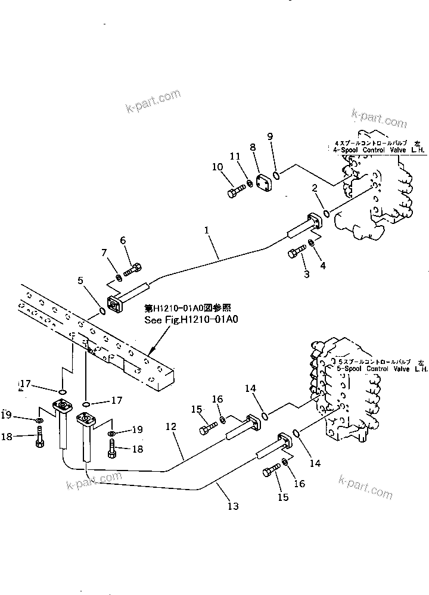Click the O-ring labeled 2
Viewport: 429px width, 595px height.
[x=326, y=214]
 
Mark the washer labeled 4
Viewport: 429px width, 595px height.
[x=311, y=244]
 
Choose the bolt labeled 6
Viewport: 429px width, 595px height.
[x=132, y=272]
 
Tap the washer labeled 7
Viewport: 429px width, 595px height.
[x=120, y=278]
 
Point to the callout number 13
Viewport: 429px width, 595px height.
[x=233, y=506]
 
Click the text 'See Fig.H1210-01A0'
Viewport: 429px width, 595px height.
[x=191, y=320]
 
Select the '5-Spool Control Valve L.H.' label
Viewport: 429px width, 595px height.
[x=381, y=369]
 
